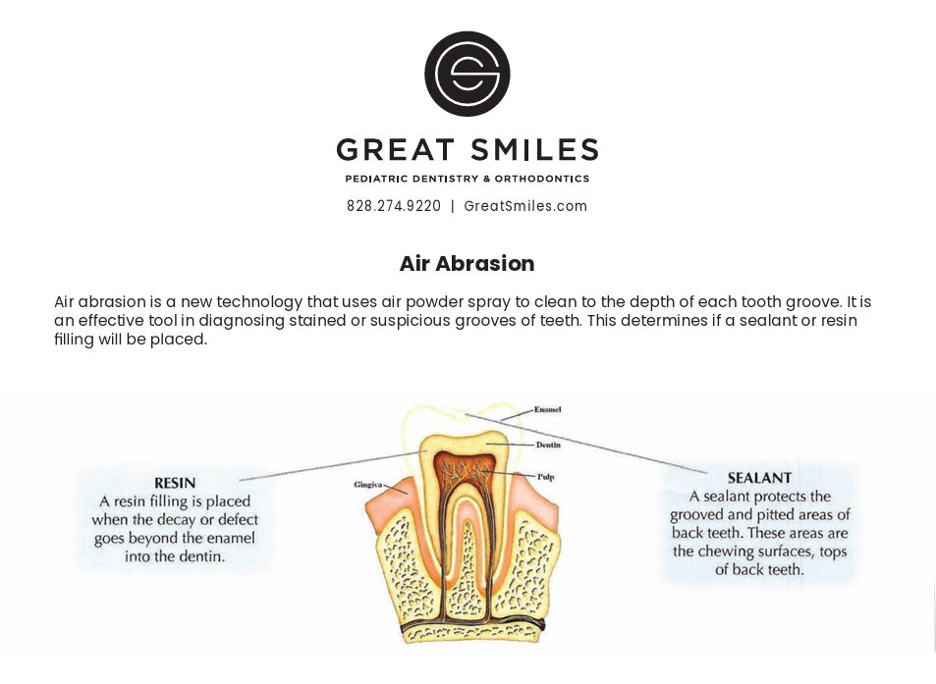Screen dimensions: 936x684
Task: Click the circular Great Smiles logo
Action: point(468,74)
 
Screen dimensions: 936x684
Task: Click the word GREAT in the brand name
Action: point(395,150)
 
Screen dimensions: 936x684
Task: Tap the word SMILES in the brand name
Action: point(533,150)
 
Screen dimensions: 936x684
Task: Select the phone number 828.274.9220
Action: point(394,206)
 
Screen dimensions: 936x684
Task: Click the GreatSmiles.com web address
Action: point(525,206)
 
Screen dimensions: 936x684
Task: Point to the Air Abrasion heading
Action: point(467,264)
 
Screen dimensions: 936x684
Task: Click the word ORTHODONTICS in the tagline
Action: point(542,179)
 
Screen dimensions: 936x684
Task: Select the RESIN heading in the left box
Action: point(175,483)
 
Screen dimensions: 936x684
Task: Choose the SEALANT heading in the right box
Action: point(759,478)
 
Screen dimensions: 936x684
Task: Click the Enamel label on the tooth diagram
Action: point(547,409)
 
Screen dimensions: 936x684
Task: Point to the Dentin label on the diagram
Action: point(548,445)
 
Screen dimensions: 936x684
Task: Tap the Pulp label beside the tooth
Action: point(546,477)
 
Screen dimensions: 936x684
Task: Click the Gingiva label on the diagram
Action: point(367,485)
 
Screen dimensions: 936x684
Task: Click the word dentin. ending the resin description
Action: point(205,556)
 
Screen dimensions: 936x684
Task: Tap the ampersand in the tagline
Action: point(486,179)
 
